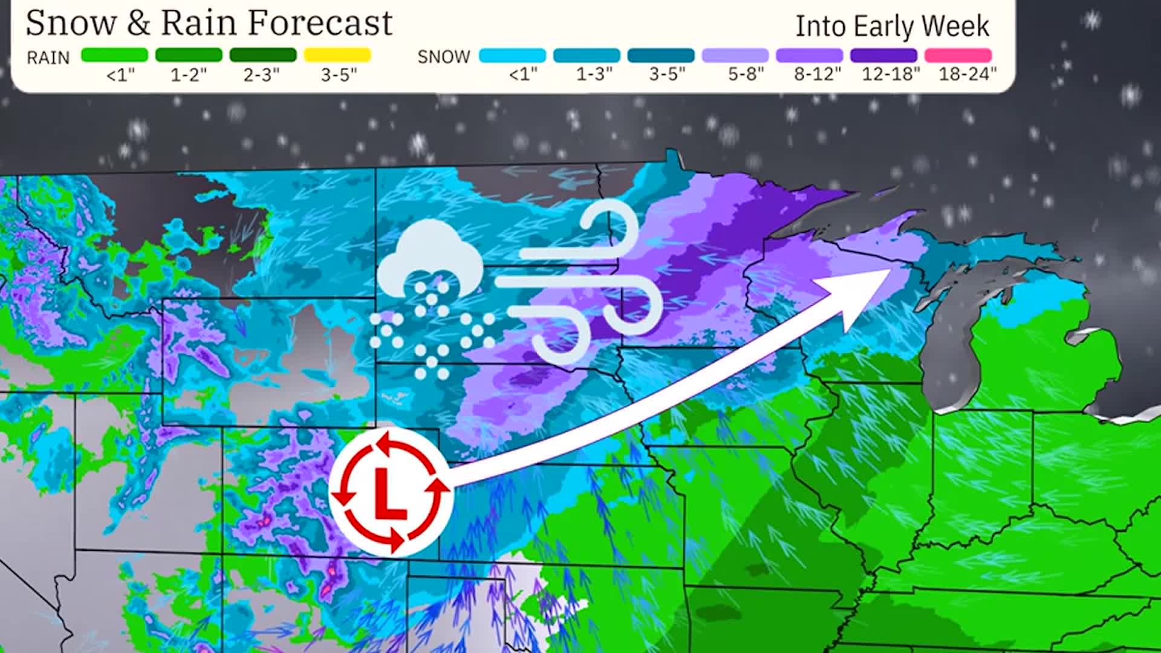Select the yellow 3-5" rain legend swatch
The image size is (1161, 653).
(x=337, y=55)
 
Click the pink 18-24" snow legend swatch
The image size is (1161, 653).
(x=958, y=56)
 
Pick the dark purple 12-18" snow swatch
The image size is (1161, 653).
(x=883, y=56)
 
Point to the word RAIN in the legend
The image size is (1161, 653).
(x=48, y=57)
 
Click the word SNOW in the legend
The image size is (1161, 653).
(x=444, y=57)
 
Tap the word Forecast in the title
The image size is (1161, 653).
(x=320, y=23)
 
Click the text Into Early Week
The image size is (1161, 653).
(x=892, y=26)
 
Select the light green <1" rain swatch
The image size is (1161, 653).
(x=114, y=55)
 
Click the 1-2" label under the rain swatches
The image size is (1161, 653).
(x=189, y=75)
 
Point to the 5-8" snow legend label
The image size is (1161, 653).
(x=746, y=74)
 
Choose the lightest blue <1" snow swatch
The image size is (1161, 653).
(x=512, y=56)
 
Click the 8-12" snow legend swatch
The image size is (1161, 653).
(x=809, y=56)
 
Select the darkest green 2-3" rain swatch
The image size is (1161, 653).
(x=262, y=55)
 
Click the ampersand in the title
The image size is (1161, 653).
(x=138, y=23)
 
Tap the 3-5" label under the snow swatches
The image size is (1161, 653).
(x=667, y=74)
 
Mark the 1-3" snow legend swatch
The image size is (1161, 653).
(x=587, y=56)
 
